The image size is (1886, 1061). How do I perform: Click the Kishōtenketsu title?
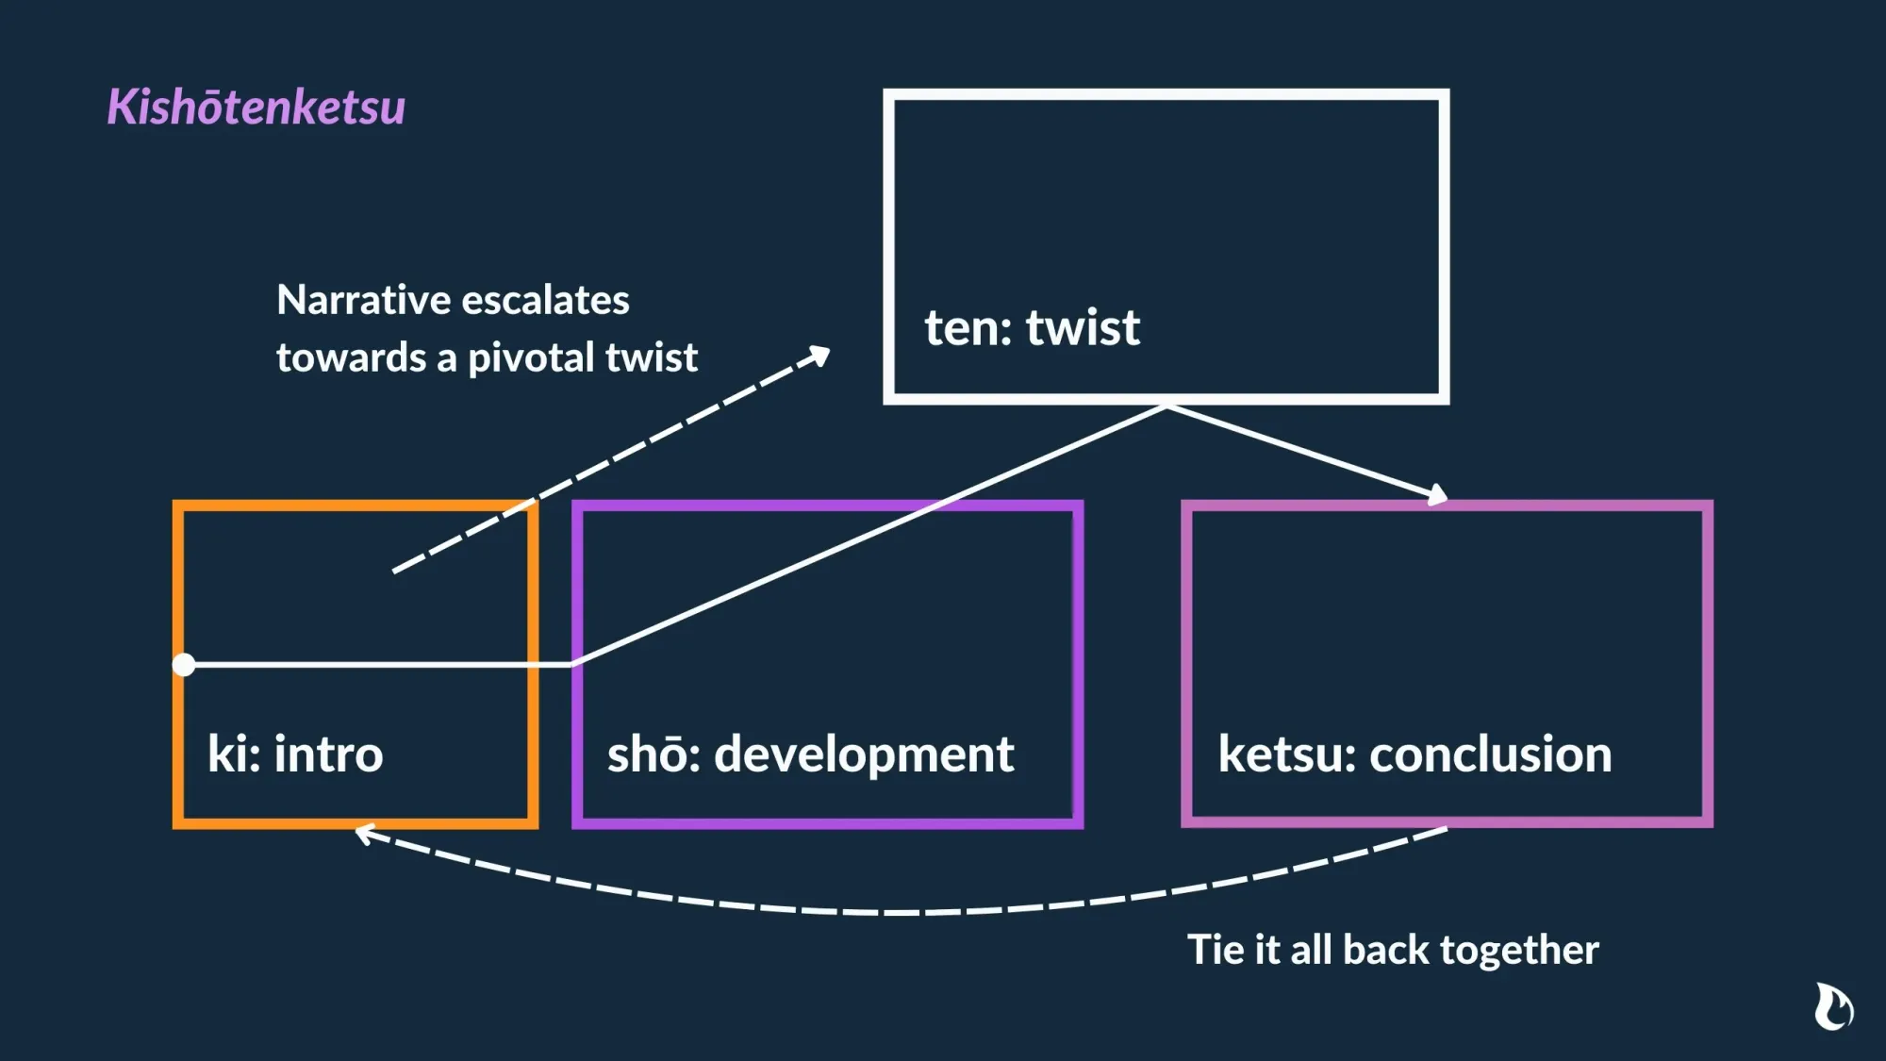click(x=256, y=107)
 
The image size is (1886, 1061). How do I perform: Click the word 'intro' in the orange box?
click(x=328, y=754)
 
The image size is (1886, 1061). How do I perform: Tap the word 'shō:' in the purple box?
click(x=654, y=754)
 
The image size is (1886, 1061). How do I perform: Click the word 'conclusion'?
click(x=1490, y=754)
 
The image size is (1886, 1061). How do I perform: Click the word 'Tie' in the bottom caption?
click(x=1216, y=950)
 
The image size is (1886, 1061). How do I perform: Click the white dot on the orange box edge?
click(x=184, y=665)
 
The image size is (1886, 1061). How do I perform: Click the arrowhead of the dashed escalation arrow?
click(x=820, y=356)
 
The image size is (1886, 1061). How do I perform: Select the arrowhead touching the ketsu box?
click(x=1437, y=493)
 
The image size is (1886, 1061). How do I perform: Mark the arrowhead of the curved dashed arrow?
click(x=365, y=834)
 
